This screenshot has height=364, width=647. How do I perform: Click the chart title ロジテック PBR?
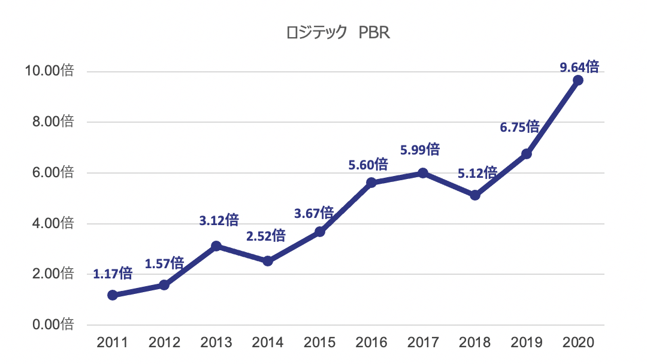click(338, 33)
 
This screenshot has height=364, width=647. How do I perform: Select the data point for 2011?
click(113, 295)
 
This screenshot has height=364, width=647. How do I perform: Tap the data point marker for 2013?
click(216, 246)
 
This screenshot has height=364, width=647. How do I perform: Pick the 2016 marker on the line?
click(371, 183)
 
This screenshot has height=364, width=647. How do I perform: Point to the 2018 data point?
click(475, 195)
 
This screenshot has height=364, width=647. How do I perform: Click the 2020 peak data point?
click(578, 80)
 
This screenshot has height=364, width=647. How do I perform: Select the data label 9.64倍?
click(579, 66)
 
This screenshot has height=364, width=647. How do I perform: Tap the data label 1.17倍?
click(113, 274)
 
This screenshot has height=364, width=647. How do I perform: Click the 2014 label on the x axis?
click(268, 343)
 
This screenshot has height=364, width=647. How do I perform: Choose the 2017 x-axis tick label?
click(423, 343)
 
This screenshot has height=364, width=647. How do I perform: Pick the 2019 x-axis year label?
click(527, 343)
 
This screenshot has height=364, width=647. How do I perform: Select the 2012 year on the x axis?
click(164, 343)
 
